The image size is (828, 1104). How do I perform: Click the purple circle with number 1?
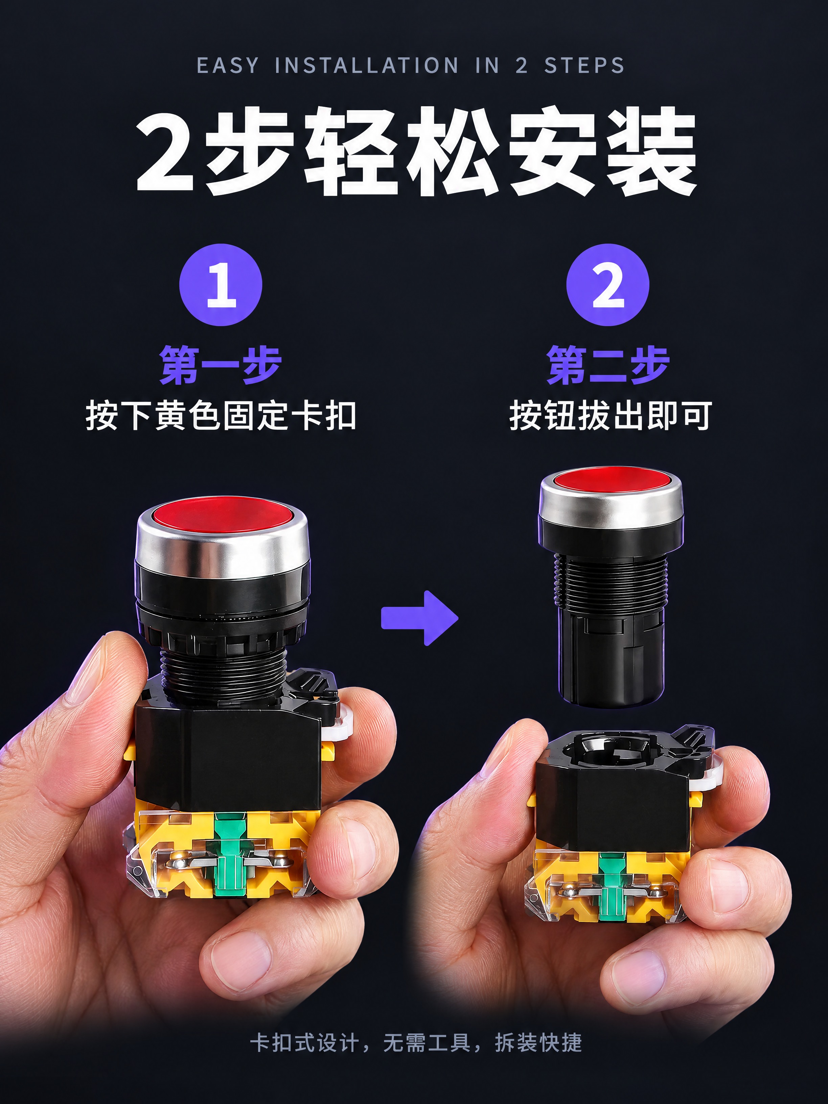(221, 285)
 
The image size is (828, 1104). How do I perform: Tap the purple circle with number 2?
(607, 285)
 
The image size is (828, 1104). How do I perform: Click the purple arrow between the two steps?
(419, 618)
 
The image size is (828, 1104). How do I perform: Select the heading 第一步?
(221, 365)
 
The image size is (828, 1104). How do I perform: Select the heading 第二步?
(607, 365)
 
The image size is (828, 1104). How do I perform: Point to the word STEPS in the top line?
(584, 65)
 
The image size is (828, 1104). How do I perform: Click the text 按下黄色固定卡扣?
(221, 415)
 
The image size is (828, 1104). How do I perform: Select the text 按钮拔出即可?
(610, 415)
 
